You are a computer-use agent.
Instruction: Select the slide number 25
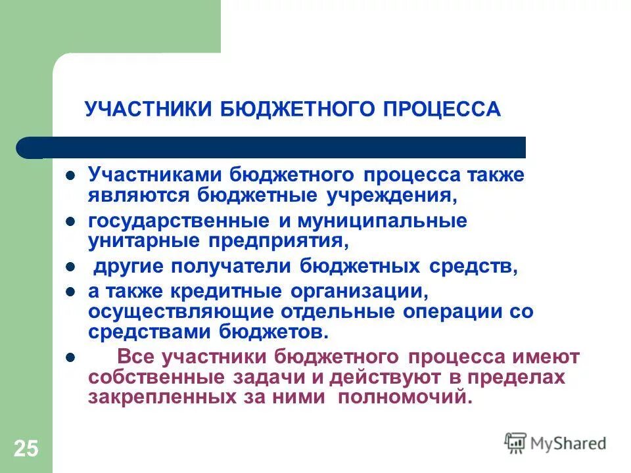pos(26,449)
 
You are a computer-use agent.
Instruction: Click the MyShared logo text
pos(568,443)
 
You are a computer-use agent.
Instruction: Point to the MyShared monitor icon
pos(515,443)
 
